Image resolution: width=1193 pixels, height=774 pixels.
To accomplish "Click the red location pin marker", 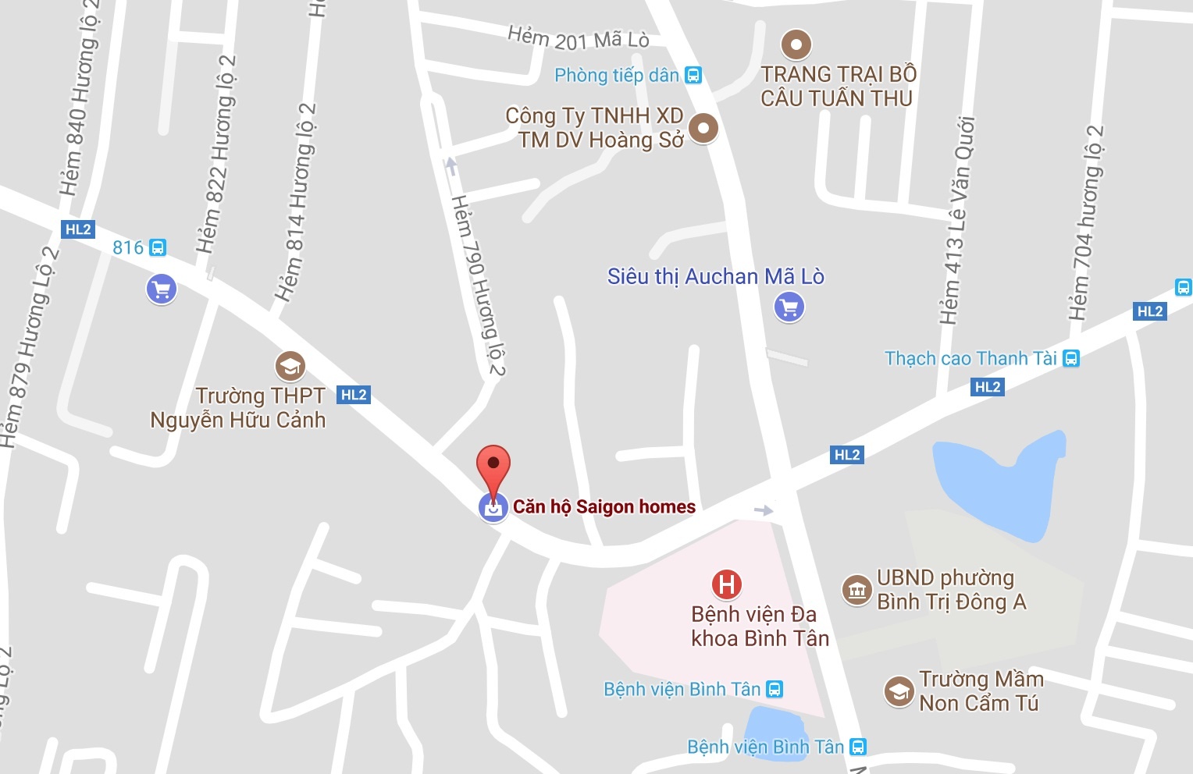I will coord(493,468).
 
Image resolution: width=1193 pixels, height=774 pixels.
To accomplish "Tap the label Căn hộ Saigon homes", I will coord(604,507).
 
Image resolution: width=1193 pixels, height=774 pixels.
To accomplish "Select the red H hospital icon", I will coord(726,584).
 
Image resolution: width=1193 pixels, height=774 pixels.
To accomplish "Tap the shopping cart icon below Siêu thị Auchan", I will coord(789,307).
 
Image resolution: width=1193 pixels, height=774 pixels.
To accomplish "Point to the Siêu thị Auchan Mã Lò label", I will coord(715,277).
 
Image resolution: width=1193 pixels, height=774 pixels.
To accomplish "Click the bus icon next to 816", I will coord(158,248).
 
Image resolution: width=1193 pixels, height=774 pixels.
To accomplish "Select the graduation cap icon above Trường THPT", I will coord(290,366).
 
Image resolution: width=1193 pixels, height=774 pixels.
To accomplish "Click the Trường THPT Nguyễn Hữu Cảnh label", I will coord(238,408).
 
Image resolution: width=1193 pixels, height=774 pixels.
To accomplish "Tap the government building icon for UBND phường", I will coord(856,590).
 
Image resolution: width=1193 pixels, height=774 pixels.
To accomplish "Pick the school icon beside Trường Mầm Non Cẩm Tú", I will coord(899,691).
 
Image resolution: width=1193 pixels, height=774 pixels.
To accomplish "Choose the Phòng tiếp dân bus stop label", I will coord(617,76).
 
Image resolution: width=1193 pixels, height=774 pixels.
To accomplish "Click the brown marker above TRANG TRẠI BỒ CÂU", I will coord(796,44).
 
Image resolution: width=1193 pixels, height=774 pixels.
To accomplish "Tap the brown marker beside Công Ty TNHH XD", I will coord(703,127).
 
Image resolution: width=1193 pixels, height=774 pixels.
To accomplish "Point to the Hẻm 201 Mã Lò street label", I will coord(578,37).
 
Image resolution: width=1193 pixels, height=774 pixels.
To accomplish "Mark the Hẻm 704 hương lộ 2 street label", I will coord(1087,222).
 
